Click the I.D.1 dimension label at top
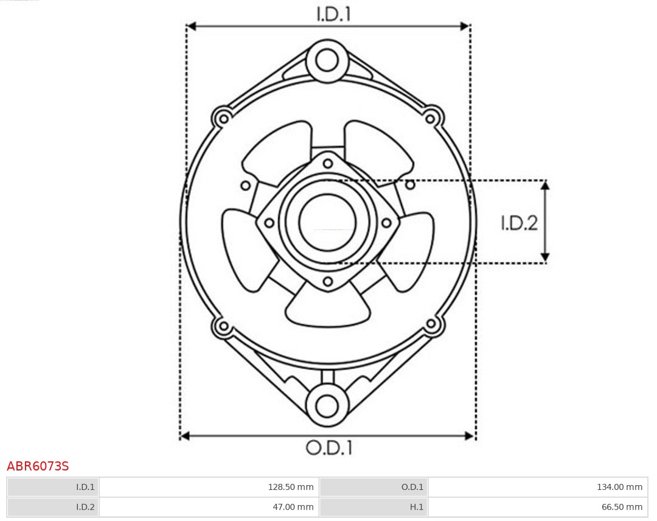333,14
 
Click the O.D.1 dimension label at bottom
328,448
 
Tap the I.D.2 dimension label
519,223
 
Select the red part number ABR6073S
38,466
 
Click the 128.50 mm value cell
209,487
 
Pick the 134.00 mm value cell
538,487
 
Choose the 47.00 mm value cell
209,506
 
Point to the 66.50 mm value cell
538,506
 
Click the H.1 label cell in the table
374,506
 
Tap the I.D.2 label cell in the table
53,506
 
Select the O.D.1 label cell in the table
374,487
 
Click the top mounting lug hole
327,60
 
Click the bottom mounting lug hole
327,405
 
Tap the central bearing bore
327,223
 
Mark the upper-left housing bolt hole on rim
223,117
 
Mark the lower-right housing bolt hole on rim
431,324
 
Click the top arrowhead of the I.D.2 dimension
546,185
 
